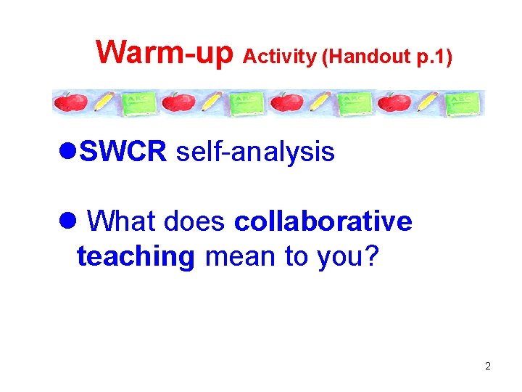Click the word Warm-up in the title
pyautogui.click(x=165, y=52)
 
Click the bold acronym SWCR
pyautogui.click(x=124, y=152)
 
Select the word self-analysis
pyautogui.click(x=255, y=152)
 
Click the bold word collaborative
pyautogui.click(x=323, y=221)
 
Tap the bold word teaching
pyautogui.click(x=136, y=256)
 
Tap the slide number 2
pyautogui.click(x=488, y=366)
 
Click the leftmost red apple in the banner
pyautogui.click(x=72, y=103)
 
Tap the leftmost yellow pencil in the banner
pyautogui.click(x=103, y=103)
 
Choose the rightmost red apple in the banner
pyautogui.click(x=396, y=103)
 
